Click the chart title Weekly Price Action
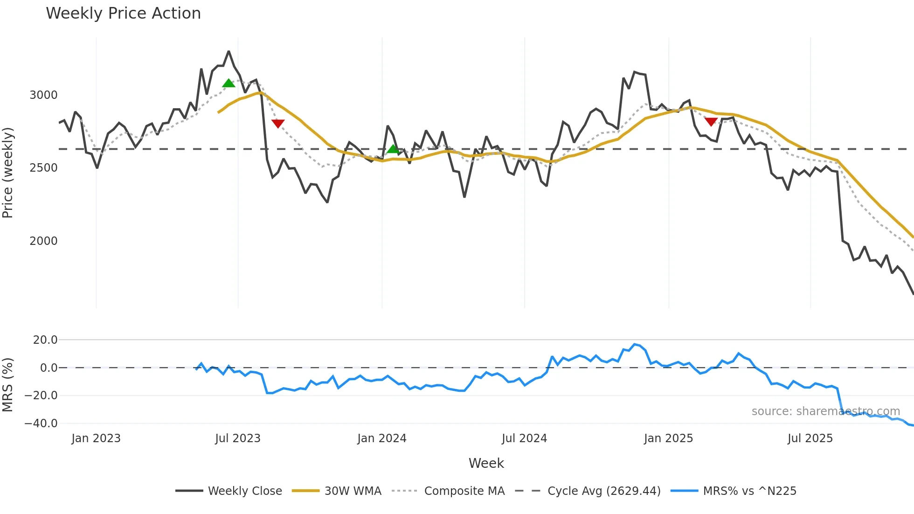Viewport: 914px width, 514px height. coord(123,14)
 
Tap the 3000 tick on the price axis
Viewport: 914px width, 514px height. coord(43,95)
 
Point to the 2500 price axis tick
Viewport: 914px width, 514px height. coord(43,168)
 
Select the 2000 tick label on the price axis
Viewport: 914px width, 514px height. coord(43,241)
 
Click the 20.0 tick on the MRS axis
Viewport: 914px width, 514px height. coord(45,340)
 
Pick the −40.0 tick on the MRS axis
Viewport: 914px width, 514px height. coord(41,424)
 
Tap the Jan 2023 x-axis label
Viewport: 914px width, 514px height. coord(96,438)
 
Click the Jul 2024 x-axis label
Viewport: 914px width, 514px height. coord(524,438)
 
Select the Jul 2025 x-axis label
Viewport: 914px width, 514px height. coord(810,438)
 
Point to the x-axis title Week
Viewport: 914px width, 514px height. coord(486,463)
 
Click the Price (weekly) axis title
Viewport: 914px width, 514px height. coord(7,173)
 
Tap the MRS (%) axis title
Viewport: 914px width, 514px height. coord(7,385)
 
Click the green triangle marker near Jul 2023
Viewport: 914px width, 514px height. coord(228,83)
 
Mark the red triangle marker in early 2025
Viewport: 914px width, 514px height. coord(711,122)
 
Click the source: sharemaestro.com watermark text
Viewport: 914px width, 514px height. coord(825,411)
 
